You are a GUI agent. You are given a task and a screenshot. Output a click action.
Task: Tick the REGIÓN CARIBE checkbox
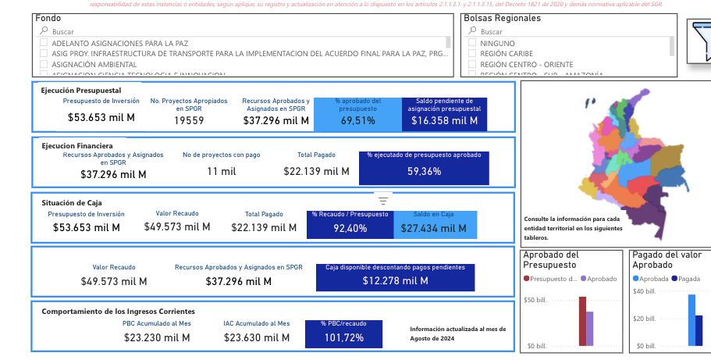click(472, 54)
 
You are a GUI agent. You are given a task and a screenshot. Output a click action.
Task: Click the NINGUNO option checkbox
click(472, 43)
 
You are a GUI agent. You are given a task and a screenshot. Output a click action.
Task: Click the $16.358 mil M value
click(444, 120)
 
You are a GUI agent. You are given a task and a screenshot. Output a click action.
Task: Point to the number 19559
click(189, 120)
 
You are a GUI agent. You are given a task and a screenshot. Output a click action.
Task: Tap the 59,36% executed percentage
click(425, 171)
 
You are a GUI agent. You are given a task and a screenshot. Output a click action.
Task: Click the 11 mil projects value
click(222, 171)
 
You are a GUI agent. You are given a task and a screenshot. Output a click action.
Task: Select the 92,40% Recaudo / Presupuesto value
click(350, 228)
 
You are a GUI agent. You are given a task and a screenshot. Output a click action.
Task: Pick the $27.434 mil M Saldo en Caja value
click(428, 228)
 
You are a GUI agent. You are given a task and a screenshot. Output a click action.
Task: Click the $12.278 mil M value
click(395, 280)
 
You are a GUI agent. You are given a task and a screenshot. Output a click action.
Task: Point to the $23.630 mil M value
click(256, 337)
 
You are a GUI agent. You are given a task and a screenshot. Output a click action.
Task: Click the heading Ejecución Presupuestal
click(81, 91)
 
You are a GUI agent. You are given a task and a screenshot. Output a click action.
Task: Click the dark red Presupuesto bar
click(582, 321)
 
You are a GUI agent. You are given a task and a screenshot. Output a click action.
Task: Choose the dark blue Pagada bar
click(699, 330)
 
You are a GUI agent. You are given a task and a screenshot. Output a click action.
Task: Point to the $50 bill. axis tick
click(535, 300)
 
